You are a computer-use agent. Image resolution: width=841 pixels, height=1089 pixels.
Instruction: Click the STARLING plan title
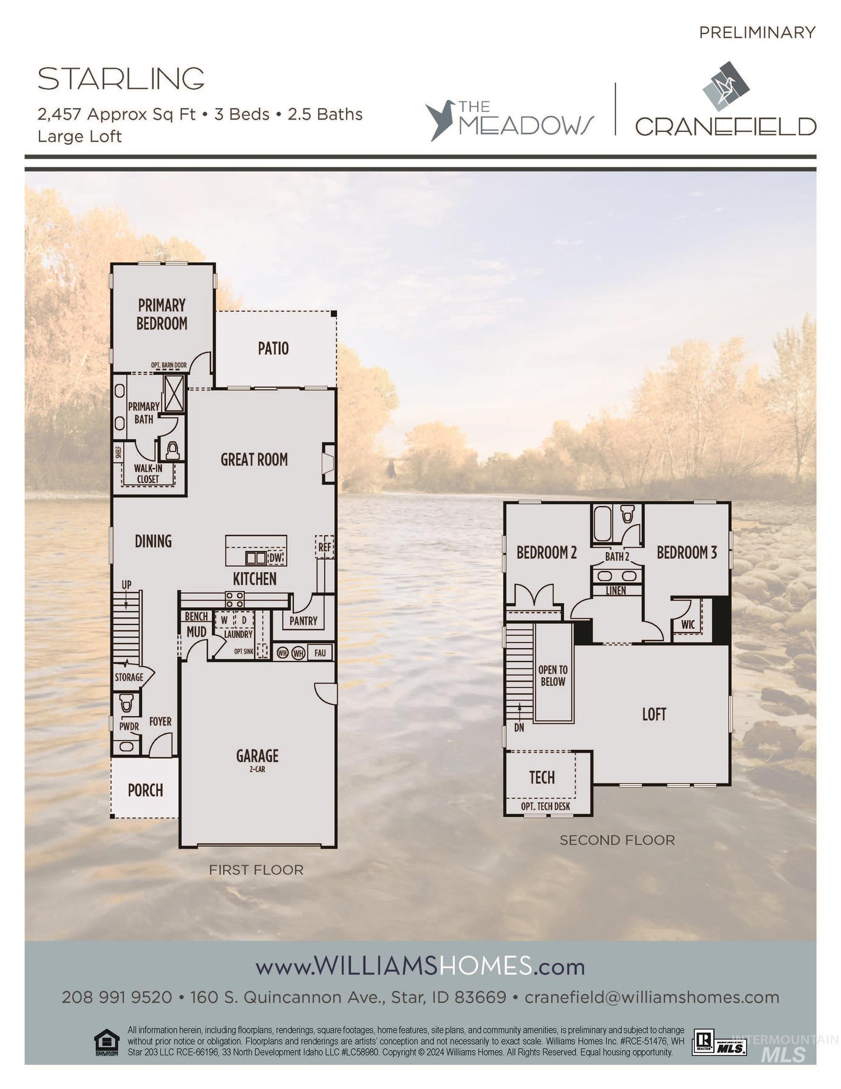click(x=121, y=79)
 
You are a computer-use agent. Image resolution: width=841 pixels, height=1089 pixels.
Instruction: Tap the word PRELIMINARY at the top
click(x=757, y=33)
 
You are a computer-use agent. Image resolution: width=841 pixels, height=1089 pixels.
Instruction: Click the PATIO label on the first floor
click(x=273, y=348)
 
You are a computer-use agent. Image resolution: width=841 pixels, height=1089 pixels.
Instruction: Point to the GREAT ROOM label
click(x=254, y=459)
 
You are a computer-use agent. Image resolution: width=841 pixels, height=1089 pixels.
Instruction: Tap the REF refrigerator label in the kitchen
click(x=325, y=547)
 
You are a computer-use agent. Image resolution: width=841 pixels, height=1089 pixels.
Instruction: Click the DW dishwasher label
click(x=275, y=558)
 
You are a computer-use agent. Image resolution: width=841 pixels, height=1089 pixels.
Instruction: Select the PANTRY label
click(x=303, y=621)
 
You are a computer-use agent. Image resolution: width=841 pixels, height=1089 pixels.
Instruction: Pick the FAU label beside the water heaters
click(x=319, y=653)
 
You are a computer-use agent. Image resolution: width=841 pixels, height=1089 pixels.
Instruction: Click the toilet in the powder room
click(x=126, y=704)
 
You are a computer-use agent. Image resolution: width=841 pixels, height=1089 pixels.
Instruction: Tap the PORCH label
click(x=145, y=790)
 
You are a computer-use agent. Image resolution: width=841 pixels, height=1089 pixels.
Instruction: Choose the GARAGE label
click(x=257, y=756)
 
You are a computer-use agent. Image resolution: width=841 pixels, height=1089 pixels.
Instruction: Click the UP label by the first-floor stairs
click(x=127, y=584)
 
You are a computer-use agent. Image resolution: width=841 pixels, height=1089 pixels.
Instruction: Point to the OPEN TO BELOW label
click(x=553, y=675)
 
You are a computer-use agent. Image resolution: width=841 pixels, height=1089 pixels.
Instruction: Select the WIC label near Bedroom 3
click(x=688, y=625)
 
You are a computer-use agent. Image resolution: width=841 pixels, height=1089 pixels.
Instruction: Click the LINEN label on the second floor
click(x=616, y=591)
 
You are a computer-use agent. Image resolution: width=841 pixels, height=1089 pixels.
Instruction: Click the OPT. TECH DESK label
click(x=545, y=806)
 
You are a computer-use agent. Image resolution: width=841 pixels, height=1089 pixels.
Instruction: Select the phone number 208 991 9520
click(x=117, y=997)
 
